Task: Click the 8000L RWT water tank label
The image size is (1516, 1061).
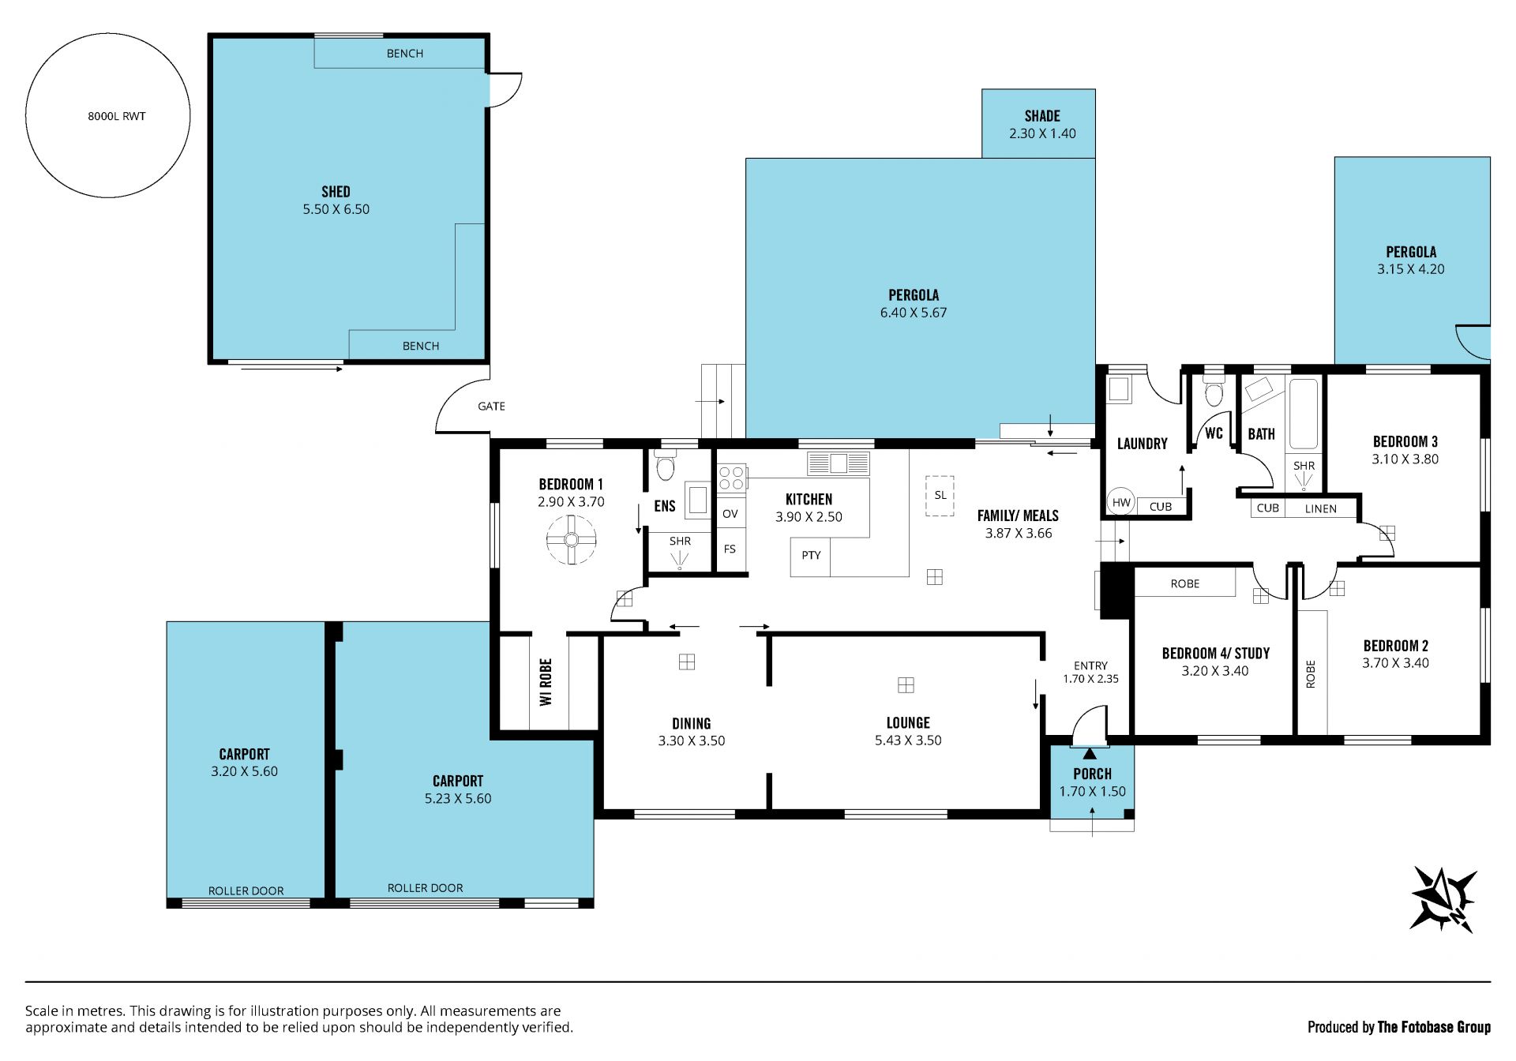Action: coord(117,116)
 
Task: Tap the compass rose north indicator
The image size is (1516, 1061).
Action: coord(1443,899)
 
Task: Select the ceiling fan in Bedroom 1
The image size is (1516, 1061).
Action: coord(571,540)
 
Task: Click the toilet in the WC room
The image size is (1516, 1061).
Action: coord(1214,391)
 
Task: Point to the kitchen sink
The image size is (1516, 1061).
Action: coord(838,463)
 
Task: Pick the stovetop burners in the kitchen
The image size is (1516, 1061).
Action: coord(731,478)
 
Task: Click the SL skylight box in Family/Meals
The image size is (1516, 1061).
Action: coord(940,496)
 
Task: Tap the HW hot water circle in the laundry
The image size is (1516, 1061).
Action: coord(1121,502)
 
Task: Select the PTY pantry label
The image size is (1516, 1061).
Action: coord(811,555)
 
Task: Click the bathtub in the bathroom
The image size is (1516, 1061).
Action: coord(1304,414)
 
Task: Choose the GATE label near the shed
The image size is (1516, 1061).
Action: coord(491,407)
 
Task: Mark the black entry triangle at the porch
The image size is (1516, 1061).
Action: coord(1090,753)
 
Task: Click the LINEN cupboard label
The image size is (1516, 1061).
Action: coord(1321,508)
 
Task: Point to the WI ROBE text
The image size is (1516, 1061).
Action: coord(546,682)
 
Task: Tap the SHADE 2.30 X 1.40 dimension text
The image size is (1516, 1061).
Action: coord(1042,133)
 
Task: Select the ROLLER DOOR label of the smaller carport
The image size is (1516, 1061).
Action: coord(246,890)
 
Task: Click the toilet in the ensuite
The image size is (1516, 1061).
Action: coord(665,466)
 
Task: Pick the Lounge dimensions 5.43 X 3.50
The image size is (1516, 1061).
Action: coord(908,740)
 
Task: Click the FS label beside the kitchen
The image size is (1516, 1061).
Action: coord(730,549)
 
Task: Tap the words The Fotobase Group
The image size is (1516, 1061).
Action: coord(1434,1027)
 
